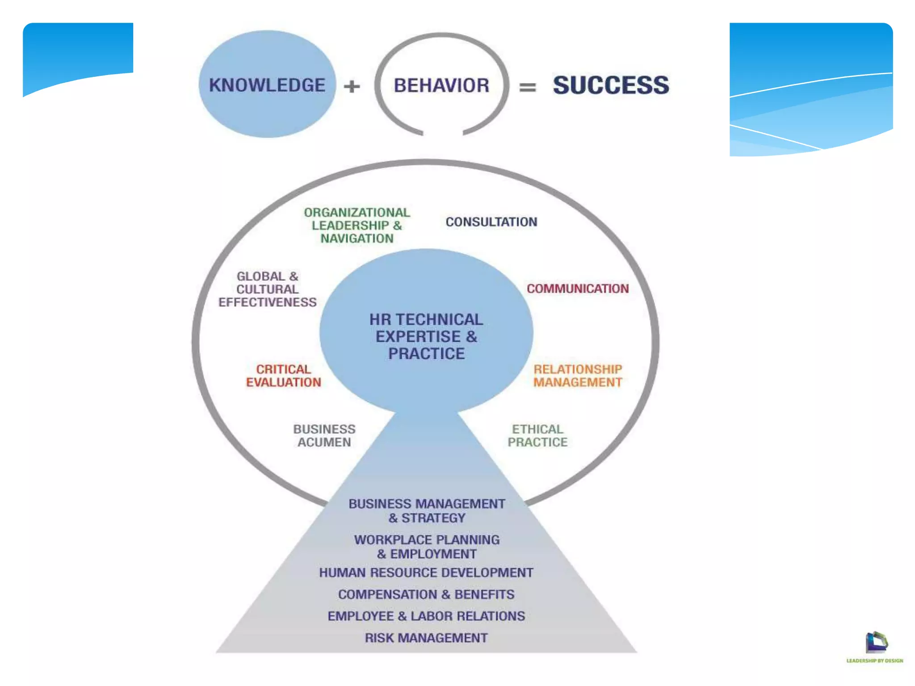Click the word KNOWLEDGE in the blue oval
coord(267,85)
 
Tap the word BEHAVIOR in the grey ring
coord(441,85)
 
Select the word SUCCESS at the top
coord(611,85)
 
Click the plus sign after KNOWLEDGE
coord(352,86)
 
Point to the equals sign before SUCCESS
coord(527,87)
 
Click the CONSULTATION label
coord(491,222)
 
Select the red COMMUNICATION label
coord(578,289)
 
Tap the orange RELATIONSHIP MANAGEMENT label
coord(578,376)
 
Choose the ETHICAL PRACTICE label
coord(537,435)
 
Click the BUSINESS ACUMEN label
coord(324,435)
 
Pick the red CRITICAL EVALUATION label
coord(284,376)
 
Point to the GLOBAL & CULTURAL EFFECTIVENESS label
coord(267,289)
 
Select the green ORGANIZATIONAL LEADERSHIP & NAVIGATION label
coord(357,226)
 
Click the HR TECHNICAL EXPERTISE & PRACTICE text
coord(426,336)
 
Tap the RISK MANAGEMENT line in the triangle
coord(426,638)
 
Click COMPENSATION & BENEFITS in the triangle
coord(426,594)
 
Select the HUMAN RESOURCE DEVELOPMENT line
coord(426,573)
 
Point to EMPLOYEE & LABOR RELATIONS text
coord(426,616)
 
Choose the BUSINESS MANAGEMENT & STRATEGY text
coord(427,510)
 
